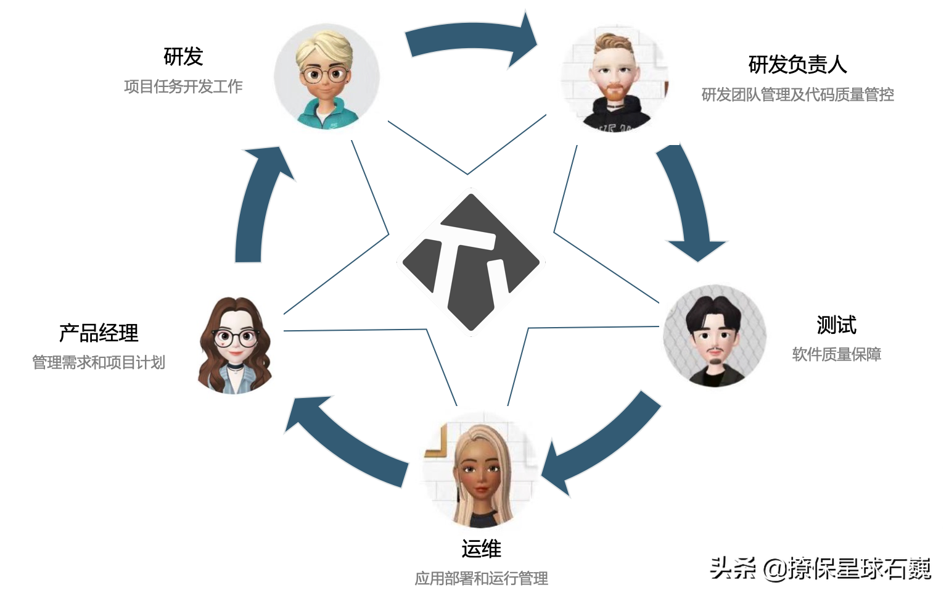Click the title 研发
click(x=183, y=57)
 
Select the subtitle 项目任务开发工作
click(x=183, y=86)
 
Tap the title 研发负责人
click(x=797, y=64)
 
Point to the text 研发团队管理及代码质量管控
click(x=797, y=94)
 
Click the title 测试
click(x=836, y=325)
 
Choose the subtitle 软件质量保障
click(x=836, y=354)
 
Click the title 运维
click(x=481, y=549)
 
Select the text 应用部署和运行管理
click(x=481, y=578)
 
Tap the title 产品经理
click(x=99, y=333)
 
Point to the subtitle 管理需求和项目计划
click(x=99, y=362)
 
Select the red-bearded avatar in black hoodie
click(x=614, y=79)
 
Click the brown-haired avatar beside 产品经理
click(x=236, y=346)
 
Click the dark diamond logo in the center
click(x=470, y=262)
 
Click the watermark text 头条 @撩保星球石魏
click(x=820, y=568)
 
